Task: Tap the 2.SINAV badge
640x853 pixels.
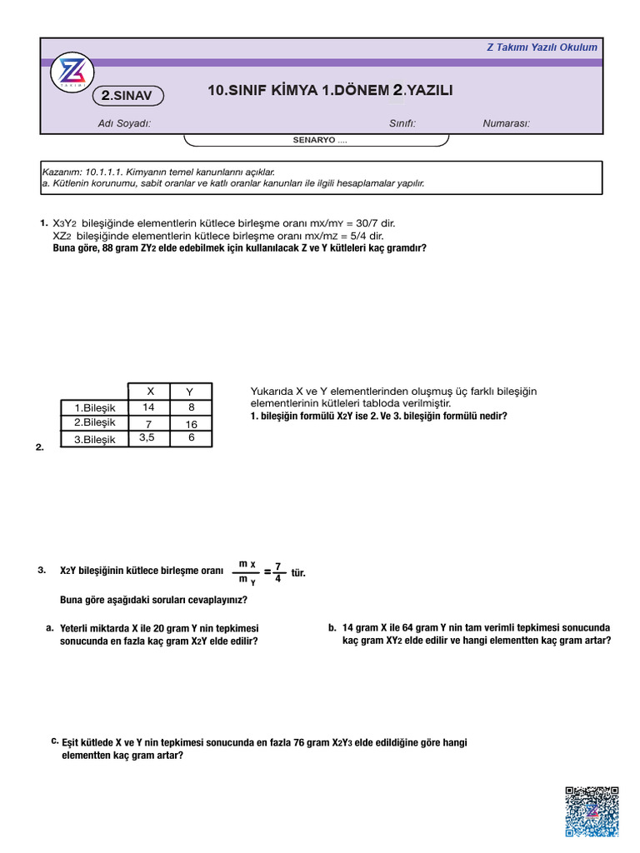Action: [x=127, y=97]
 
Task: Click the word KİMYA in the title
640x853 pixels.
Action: [x=291, y=91]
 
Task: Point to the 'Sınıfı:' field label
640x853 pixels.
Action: [x=402, y=124]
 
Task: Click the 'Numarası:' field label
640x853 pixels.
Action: [x=506, y=124]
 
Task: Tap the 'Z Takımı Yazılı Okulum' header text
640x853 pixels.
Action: [x=542, y=47]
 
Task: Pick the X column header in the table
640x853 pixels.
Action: [x=150, y=391]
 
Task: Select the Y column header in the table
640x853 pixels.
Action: [x=190, y=392]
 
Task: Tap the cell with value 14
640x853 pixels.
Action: [x=148, y=407]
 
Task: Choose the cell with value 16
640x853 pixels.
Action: [x=191, y=424]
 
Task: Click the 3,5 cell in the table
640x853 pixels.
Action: [x=147, y=437]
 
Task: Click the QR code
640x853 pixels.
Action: [x=592, y=811]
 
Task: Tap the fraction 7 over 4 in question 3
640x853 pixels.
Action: [x=277, y=572]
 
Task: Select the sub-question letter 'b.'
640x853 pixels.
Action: [x=332, y=628]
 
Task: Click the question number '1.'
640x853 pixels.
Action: [x=42, y=223]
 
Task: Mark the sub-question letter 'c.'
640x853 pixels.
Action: [x=54, y=740]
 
